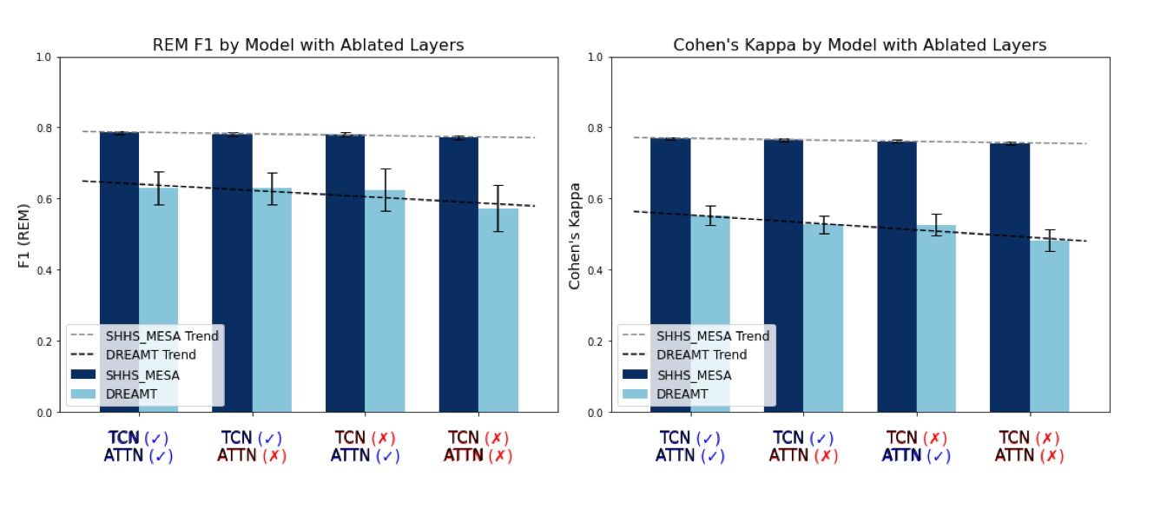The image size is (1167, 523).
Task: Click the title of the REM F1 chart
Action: point(308,45)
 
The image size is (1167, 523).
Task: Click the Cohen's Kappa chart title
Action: point(860,45)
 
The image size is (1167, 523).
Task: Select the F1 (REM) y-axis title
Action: point(24,235)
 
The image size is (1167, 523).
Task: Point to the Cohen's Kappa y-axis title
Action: point(575,235)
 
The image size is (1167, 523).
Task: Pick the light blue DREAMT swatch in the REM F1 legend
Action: point(83,394)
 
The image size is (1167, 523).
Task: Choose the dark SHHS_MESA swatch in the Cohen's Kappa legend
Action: point(635,374)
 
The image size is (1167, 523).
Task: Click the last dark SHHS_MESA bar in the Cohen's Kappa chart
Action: point(1010,278)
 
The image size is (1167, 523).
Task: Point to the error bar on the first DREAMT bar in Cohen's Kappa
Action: point(710,215)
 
